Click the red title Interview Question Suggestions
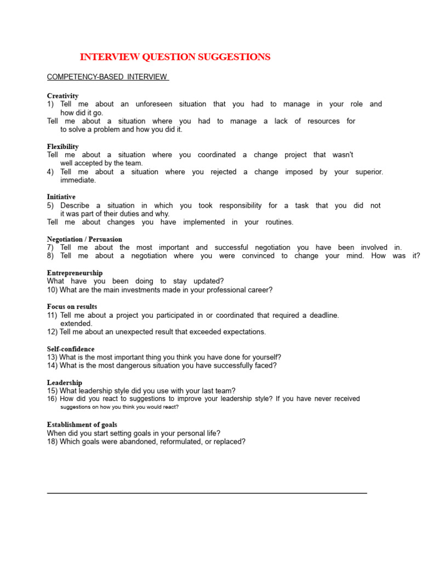(x=175, y=57)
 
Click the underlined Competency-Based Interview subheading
(x=107, y=77)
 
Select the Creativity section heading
(x=62, y=96)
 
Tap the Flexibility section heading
(x=62, y=146)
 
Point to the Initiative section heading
(x=61, y=197)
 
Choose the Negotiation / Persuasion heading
(x=84, y=239)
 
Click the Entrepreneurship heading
(x=75, y=273)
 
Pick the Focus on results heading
(x=72, y=307)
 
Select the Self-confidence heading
(x=70, y=349)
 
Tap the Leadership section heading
(x=64, y=382)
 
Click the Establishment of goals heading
(x=82, y=425)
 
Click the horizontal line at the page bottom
(x=207, y=493)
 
